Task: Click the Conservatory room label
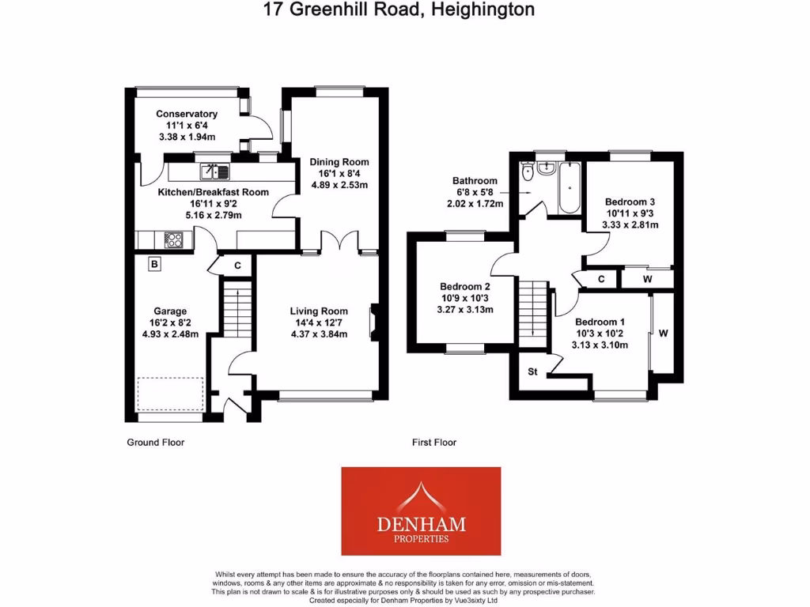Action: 187,114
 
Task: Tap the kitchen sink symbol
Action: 214,170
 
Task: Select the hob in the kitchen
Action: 173,238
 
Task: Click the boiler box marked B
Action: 155,265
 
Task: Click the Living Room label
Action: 319,311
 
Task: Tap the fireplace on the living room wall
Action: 372,322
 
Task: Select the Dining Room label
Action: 339,162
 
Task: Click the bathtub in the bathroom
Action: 569,188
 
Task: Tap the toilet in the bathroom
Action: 528,172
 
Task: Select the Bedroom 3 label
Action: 630,202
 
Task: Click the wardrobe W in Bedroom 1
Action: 663,334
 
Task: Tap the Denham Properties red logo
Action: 421,511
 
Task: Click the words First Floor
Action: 434,443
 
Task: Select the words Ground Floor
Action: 156,443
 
